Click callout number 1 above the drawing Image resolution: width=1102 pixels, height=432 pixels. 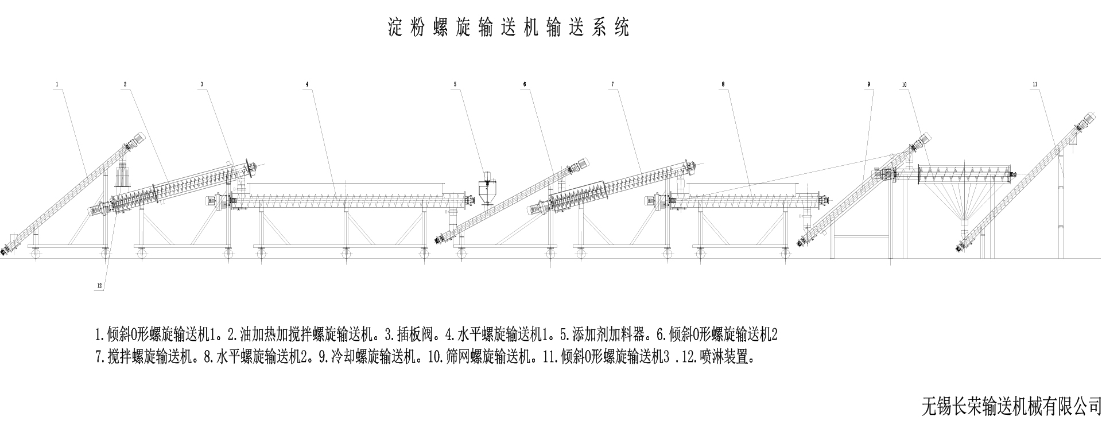57,84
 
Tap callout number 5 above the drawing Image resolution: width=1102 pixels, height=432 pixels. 455,84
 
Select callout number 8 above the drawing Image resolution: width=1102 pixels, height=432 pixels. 722,84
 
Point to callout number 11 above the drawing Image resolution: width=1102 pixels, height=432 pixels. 1034,84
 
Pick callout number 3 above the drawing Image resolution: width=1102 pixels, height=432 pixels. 201,84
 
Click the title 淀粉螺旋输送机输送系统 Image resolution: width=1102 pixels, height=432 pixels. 508,28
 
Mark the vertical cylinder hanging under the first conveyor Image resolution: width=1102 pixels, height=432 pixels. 122,176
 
